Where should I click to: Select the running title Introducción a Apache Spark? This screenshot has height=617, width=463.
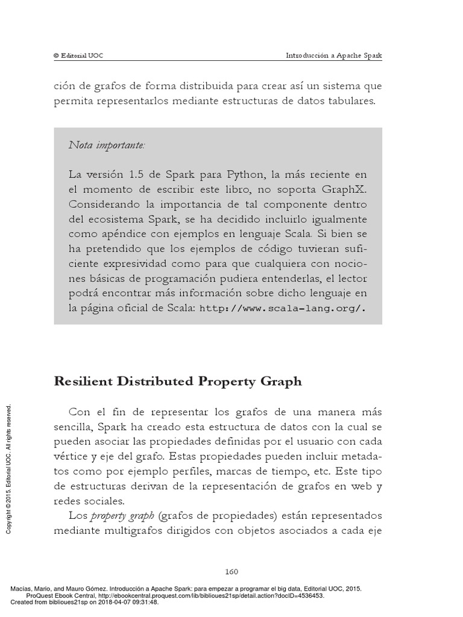(x=333, y=55)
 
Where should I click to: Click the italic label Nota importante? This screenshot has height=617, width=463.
(x=107, y=145)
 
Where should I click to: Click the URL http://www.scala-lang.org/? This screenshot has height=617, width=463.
(x=282, y=308)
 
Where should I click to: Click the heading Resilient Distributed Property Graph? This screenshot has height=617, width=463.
(x=178, y=381)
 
